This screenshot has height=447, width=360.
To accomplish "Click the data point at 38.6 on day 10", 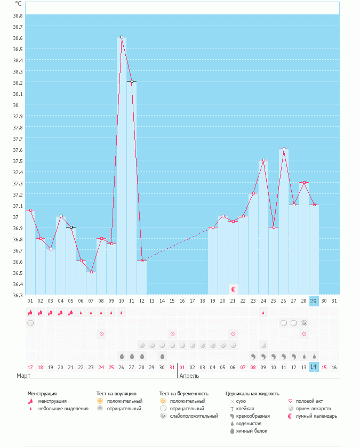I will click(122, 37).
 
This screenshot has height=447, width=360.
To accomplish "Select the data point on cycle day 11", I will click(132, 82).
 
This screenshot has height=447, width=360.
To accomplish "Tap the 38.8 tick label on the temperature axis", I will click(18, 15).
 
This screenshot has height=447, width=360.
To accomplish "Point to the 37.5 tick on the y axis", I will click(18, 161).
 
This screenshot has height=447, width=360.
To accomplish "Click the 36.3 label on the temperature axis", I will click(18, 295).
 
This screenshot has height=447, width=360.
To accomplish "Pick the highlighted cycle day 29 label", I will click(314, 301).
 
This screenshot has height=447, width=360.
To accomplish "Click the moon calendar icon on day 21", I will click(233, 289).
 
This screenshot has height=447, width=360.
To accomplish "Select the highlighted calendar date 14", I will click(314, 367).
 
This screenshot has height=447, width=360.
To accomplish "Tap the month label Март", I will click(23, 376).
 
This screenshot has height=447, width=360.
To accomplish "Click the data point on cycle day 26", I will click(284, 149).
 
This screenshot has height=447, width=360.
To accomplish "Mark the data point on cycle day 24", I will click(263, 160).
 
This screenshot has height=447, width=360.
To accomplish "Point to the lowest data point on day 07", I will click(92, 272).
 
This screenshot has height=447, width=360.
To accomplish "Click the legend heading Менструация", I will click(42, 394).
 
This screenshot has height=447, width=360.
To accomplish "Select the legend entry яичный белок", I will click(248, 430).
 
